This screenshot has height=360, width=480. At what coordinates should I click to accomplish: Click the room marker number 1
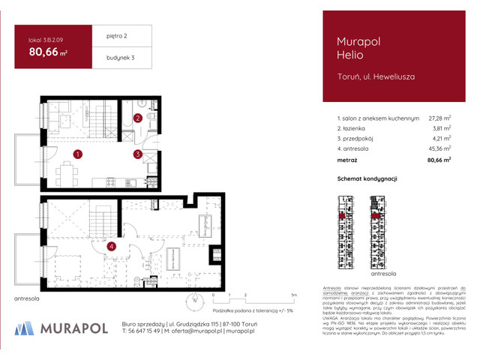click(77, 154)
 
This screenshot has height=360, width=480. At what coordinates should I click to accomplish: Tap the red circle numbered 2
click(138, 118)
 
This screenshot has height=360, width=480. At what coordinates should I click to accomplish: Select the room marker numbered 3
click(138, 155)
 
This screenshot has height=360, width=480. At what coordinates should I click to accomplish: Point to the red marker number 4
click(110, 245)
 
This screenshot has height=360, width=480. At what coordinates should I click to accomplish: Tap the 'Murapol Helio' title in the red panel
click(347, 48)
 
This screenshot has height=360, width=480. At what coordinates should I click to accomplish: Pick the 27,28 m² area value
click(439, 118)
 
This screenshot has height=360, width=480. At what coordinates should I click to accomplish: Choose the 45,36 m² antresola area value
click(439, 149)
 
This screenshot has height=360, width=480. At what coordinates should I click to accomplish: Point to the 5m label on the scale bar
click(294, 295)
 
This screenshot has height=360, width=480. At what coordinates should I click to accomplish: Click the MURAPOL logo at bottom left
click(63, 328)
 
